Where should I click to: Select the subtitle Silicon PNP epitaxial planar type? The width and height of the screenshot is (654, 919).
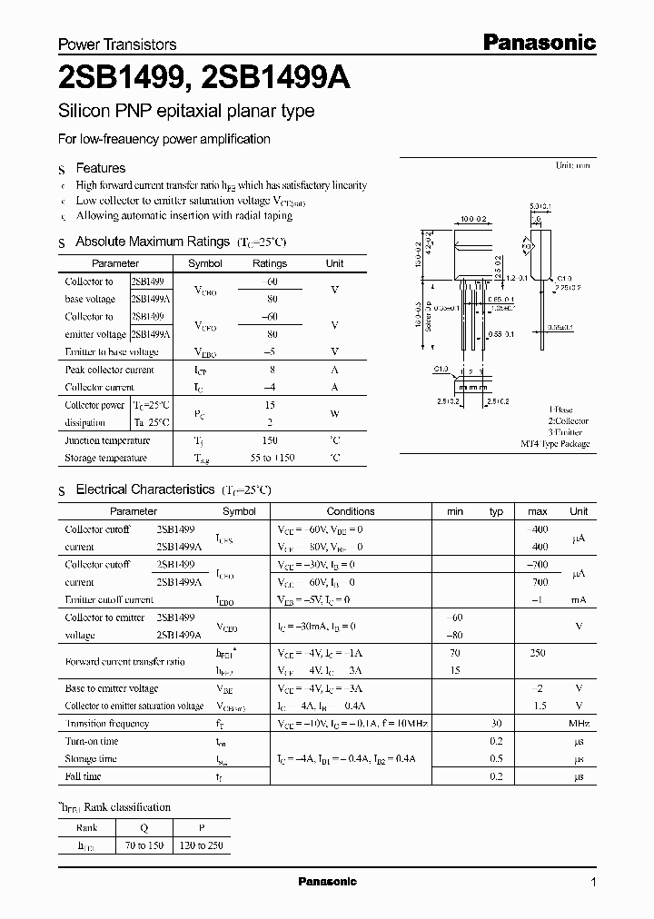[185, 112]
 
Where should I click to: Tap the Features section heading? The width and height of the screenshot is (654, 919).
[100, 168]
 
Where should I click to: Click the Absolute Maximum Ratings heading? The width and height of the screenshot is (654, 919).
[152, 242]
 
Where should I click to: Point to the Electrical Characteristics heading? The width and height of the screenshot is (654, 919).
[144, 489]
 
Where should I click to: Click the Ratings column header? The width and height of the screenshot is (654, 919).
[269, 263]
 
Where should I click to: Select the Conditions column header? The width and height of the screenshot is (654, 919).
[351, 511]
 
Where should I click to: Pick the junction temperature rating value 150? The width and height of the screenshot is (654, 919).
[269, 440]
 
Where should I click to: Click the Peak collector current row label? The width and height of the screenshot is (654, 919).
[109, 370]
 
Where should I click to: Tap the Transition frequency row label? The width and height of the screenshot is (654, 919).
[106, 724]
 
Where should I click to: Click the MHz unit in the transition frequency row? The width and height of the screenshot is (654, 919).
[579, 724]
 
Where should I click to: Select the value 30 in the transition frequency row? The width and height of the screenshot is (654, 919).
[497, 724]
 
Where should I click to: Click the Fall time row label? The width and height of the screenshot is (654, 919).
[83, 776]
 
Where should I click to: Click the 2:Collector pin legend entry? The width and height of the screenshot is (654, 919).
[568, 421]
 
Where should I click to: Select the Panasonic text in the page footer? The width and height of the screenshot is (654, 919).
[328, 882]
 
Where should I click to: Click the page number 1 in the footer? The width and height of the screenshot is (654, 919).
[593, 883]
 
